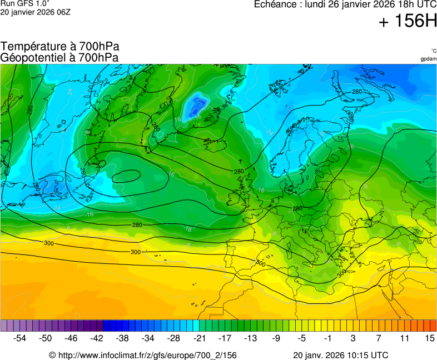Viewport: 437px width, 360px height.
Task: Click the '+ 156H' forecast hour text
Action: tap(407, 22)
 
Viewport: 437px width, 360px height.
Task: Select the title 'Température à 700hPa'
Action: tap(60, 47)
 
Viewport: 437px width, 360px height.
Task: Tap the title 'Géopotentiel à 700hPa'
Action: tap(59, 57)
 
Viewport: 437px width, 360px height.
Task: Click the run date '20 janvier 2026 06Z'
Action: tap(35, 12)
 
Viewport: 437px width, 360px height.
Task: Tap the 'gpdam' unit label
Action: tap(428, 59)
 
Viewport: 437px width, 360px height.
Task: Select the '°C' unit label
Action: tap(433, 51)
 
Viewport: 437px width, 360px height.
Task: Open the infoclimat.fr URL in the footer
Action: tap(143, 355)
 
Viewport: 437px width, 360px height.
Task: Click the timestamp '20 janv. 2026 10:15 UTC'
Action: tap(340, 355)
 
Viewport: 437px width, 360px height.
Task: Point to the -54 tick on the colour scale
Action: tap(20, 338)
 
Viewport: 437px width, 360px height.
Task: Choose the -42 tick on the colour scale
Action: tap(97, 338)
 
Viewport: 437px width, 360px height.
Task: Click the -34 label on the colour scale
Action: tap(148, 338)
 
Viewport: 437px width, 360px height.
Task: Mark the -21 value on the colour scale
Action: tap(199, 338)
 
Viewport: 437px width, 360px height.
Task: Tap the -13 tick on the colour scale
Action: tap(250, 338)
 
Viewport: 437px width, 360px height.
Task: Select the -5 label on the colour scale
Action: tap(301, 338)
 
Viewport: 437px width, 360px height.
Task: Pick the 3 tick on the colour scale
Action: tap(352, 338)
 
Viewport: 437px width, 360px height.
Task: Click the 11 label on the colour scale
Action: tap(404, 338)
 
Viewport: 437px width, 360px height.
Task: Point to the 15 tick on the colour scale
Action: tap(429, 338)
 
